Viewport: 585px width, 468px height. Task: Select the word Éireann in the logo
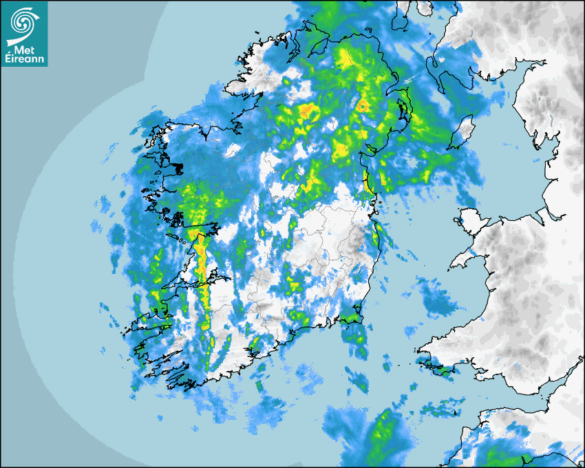(24, 60)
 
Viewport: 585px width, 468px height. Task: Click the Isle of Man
(464, 132)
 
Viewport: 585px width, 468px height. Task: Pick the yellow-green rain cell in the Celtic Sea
(379, 434)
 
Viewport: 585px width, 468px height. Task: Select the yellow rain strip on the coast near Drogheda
(366, 182)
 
